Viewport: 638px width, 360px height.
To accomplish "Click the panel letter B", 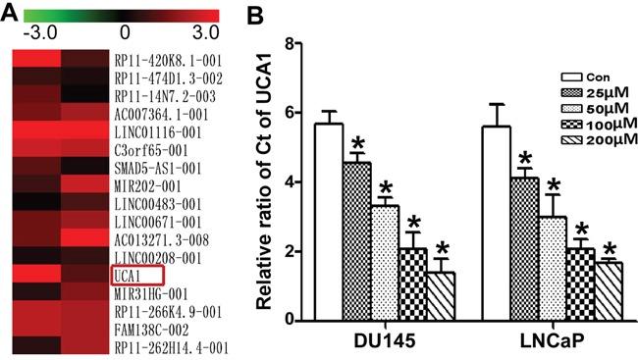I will pyautogui.click(x=260, y=14).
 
